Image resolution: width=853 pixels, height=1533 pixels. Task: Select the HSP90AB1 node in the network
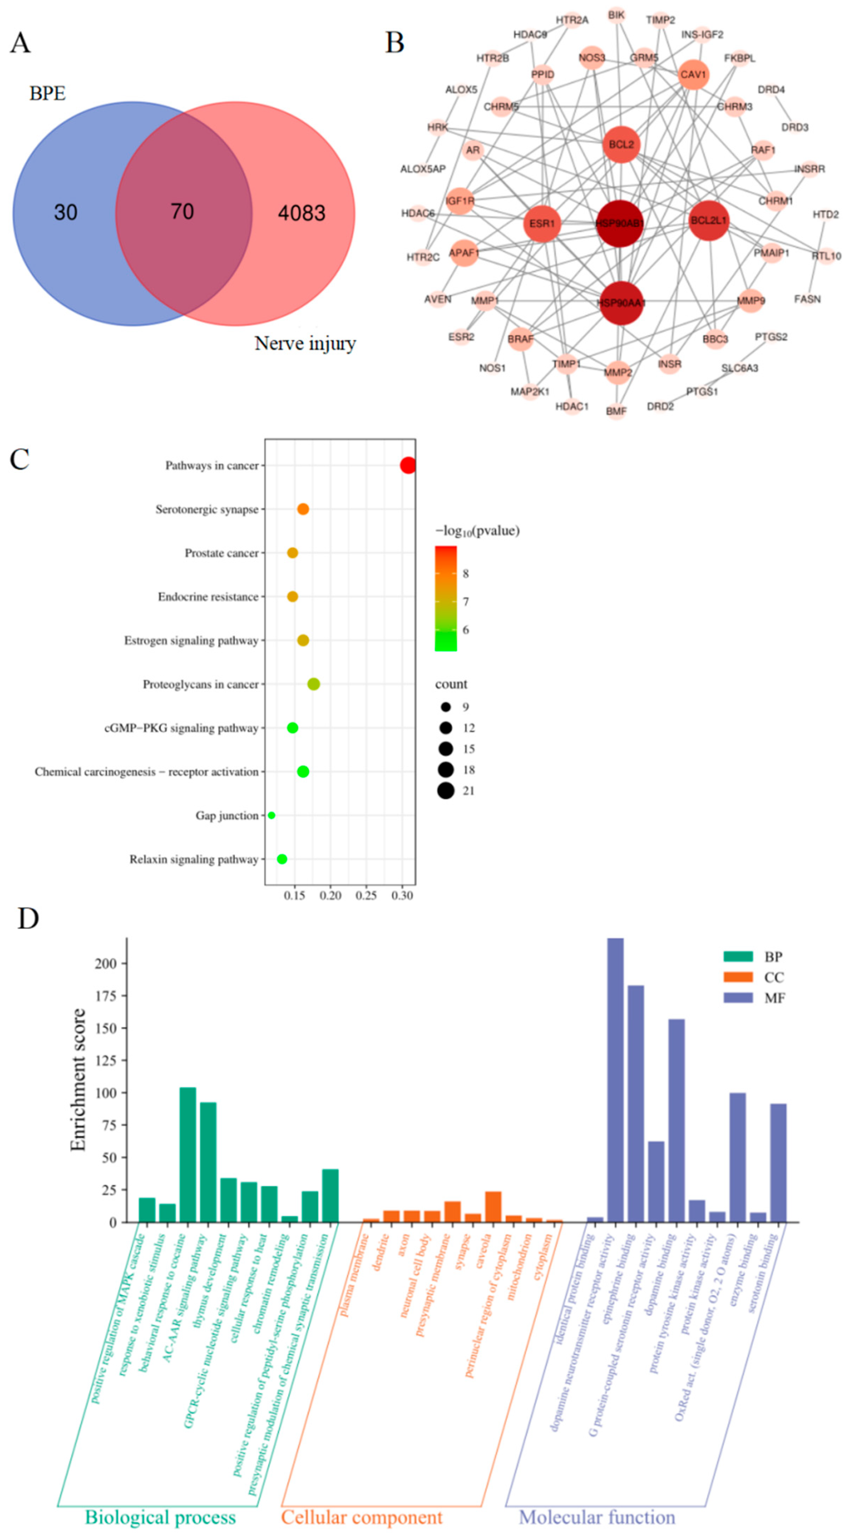pos(619,223)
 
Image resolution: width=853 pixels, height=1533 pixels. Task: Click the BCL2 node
pos(621,145)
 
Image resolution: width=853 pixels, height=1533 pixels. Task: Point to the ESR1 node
pos(542,224)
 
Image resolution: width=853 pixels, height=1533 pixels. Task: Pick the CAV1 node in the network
pos(693,75)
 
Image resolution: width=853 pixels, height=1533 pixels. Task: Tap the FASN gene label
pos(807,299)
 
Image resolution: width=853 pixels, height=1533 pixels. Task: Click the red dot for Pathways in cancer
pos(408,465)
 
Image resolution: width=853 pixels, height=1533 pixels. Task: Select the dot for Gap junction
pos(272,815)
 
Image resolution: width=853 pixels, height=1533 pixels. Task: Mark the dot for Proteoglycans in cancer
pos(314,684)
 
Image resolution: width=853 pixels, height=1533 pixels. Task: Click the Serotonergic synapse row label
pos(206,509)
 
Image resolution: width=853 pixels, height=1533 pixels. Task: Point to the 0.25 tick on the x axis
pos(366,896)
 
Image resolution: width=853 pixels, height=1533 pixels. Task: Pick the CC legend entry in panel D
pos(753,977)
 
